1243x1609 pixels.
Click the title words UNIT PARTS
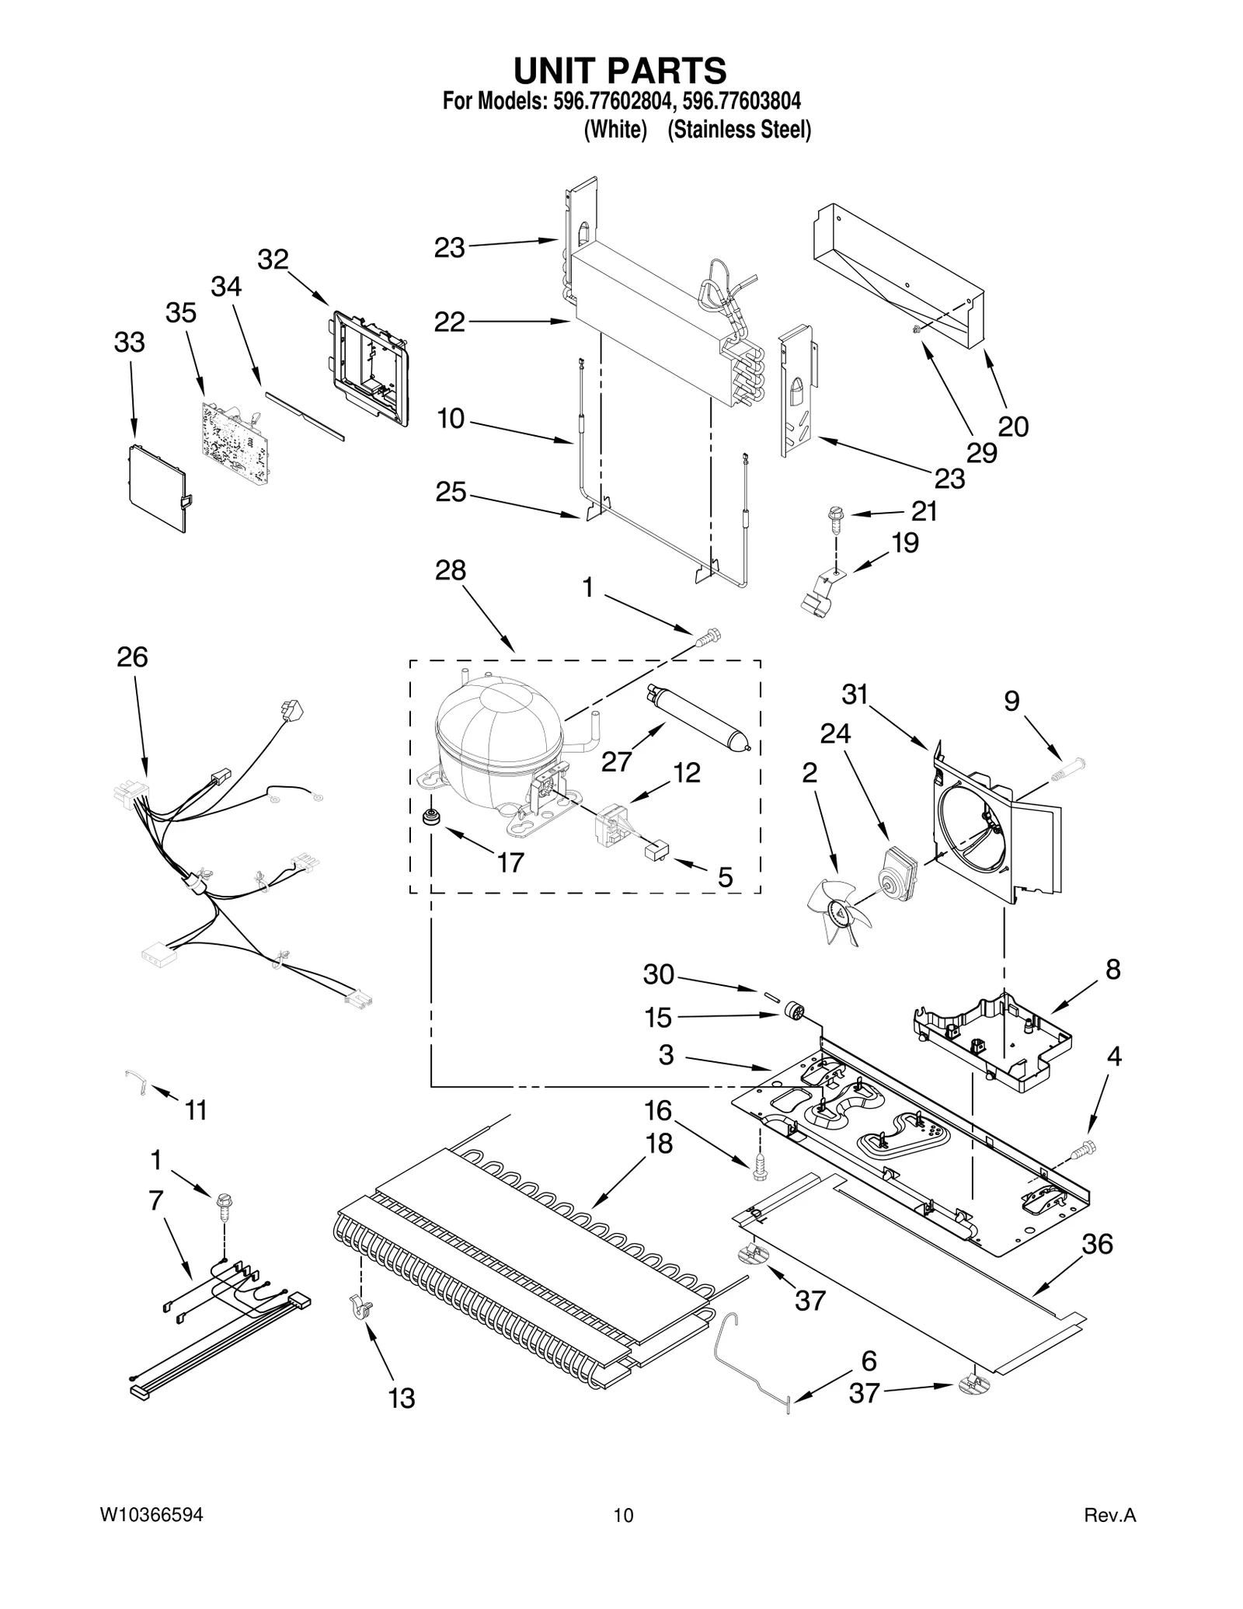[620, 71]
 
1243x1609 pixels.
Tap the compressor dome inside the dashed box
[497, 726]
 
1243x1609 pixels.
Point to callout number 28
[450, 570]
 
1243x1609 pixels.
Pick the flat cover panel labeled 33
[157, 488]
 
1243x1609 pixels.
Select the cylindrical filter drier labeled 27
[695, 715]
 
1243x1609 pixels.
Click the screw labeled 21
[835, 517]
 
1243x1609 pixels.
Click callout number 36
[1097, 1244]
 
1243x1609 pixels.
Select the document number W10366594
[151, 1515]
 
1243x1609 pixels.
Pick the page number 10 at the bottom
[623, 1515]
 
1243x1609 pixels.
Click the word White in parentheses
[615, 130]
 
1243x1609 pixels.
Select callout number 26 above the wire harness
[132, 657]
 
